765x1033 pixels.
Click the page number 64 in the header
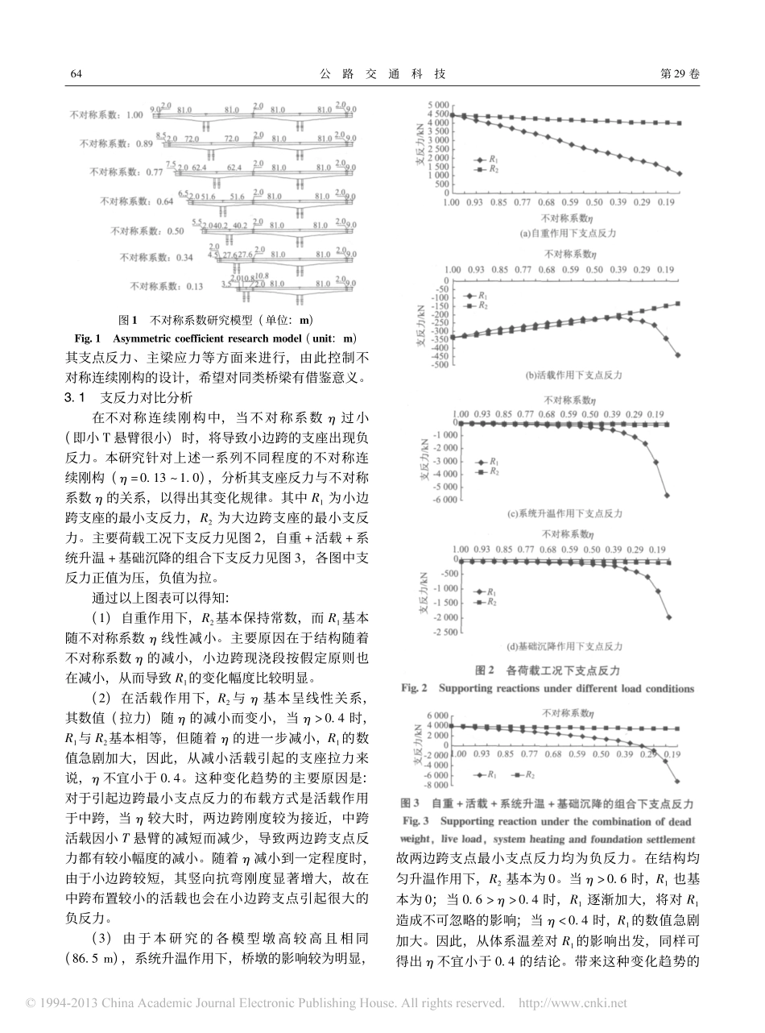point(77,73)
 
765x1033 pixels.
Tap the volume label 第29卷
point(680,73)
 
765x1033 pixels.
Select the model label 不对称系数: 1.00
point(106,114)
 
